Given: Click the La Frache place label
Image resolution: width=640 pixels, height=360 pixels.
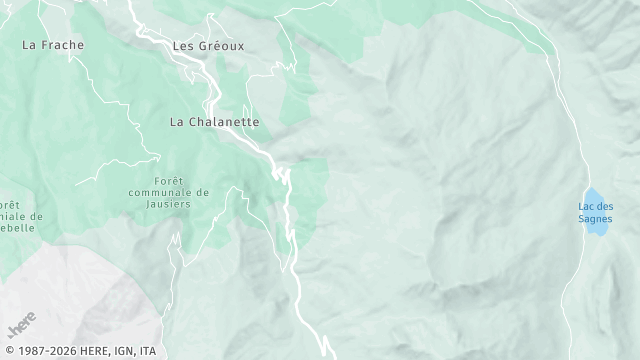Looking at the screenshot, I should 53,45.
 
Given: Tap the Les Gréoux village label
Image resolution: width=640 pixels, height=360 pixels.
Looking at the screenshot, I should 208,46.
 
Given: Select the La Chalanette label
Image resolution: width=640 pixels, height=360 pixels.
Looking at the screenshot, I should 214,122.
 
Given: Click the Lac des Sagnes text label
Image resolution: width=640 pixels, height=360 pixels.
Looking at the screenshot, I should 595,212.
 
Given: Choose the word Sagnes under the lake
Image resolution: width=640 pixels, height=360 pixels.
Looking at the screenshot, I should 595,219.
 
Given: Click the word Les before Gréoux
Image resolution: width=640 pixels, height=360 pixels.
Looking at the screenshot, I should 183,46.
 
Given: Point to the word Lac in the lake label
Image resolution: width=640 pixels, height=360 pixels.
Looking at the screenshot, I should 586,207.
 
